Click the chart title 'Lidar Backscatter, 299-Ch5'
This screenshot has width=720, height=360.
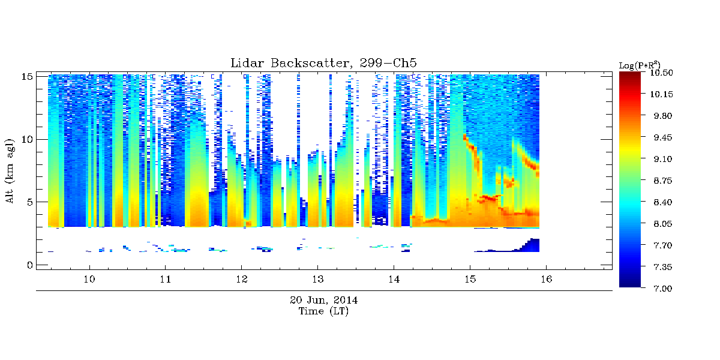[x=323, y=63]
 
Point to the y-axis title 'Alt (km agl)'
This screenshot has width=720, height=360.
[x=10, y=171]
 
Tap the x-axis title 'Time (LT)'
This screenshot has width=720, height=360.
[x=323, y=311]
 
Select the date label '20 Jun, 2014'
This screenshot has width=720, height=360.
[x=323, y=300]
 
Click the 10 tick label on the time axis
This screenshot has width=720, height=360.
[x=89, y=279]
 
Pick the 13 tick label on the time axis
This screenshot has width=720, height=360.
[x=317, y=279]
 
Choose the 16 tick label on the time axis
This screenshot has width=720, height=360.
[x=546, y=279]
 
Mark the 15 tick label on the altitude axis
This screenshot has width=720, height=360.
[x=27, y=77]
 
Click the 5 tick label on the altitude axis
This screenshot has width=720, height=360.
[x=30, y=202]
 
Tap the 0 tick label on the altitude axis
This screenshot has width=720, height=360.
[x=30, y=265]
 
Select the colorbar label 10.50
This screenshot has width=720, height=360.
[x=661, y=73]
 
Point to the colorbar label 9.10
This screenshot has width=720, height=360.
[x=663, y=159]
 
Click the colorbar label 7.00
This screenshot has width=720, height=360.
[x=663, y=289]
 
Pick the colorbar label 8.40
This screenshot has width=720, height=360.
[x=663, y=202]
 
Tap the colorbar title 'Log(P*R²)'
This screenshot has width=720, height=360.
[x=640, y=65]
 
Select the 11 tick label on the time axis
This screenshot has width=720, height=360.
[x=165, y=279]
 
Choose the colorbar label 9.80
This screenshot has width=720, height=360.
[x=663, y=116]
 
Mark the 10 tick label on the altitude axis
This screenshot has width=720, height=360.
[x=27, y=139]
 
